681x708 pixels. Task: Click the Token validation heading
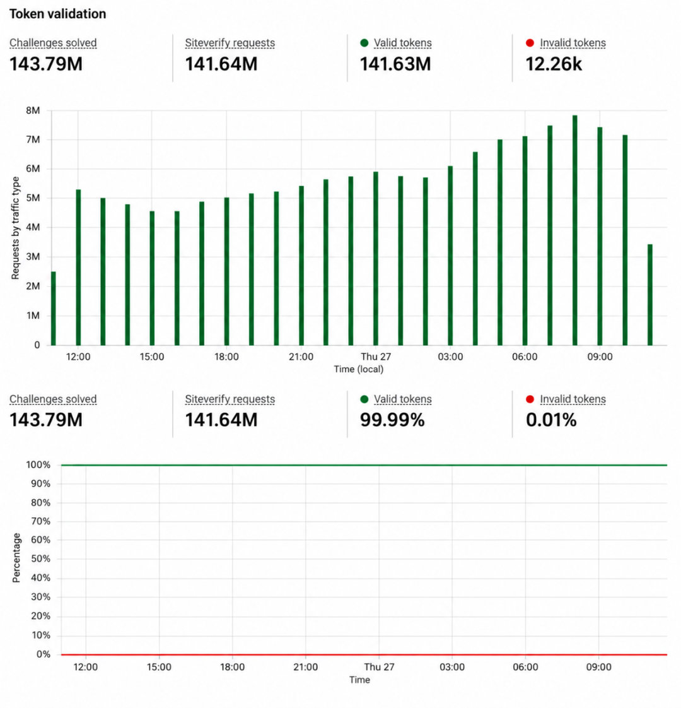(58, 14)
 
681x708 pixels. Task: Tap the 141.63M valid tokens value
(395, 64)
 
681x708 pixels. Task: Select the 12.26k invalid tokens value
(554, 64)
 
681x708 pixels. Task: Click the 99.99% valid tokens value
(392, 420)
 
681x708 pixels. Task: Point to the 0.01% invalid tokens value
(551, 420)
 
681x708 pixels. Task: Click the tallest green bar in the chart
(574, 230)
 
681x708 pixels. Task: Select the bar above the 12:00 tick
(78, 268)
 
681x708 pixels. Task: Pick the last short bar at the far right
(650, 295)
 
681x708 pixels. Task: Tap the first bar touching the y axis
(53, 309)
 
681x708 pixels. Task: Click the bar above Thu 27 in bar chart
(375, 258)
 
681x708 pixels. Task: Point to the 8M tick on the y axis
(33, 110)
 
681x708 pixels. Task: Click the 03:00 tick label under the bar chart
(450, 357)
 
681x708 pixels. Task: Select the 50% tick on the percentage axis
(40, 558)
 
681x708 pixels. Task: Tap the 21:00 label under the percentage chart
(306, 667)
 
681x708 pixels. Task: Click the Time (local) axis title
(359, 369)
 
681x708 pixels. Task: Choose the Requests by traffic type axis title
(15, 228)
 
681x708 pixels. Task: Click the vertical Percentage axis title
(16, 558)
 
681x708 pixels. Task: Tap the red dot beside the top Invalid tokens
(530, 43)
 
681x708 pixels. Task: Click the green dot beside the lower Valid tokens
(364, 399)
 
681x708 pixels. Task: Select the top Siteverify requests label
(230, 43)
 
